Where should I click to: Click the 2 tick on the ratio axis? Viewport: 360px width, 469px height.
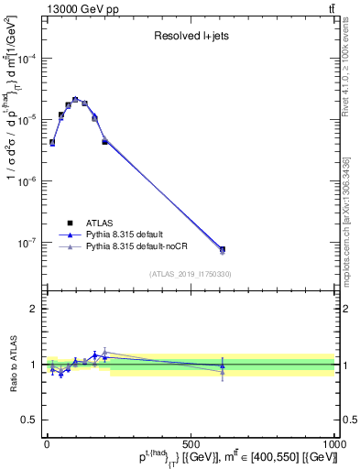click(33, 309)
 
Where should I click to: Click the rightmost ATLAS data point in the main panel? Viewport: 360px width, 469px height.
click(223, 249)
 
